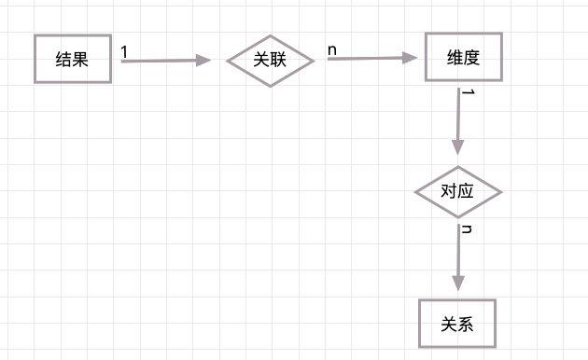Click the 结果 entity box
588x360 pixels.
[73, 59]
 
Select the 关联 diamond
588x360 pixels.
[270, 61]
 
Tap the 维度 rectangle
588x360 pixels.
[463, 57]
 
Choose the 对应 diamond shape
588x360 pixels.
[457, 192]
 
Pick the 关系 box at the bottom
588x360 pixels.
[457, 324]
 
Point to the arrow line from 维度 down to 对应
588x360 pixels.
[457, 117]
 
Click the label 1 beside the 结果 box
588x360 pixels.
[124, 52]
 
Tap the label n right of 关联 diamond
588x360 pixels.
[331, 48]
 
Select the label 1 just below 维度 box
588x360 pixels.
[469, 92]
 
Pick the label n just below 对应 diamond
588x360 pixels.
[467, 228]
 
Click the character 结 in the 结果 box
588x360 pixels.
[64, 59]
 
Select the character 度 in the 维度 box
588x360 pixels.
[471, 57]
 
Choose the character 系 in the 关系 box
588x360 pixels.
[466, 324]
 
